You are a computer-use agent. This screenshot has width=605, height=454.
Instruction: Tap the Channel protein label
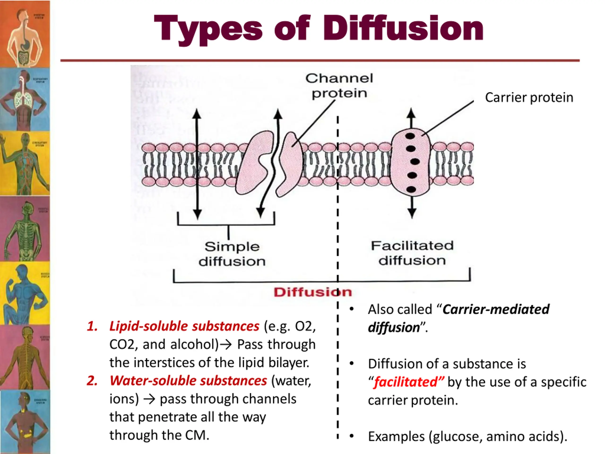[339, 86]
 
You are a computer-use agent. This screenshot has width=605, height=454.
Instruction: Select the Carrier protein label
[529, 98]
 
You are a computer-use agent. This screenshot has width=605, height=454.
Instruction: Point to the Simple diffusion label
[232, 254]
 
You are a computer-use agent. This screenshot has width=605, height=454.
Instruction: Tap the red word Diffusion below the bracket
[313, 292]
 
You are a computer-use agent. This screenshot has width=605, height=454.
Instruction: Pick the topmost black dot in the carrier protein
[410, 136]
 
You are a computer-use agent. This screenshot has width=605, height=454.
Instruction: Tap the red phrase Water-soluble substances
[188, 381]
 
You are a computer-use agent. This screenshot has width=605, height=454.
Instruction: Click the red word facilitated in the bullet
[406, 382]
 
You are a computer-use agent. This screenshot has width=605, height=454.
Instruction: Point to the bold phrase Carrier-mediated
[496, 310]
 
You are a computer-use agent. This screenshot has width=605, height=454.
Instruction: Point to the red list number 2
[92, 381]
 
